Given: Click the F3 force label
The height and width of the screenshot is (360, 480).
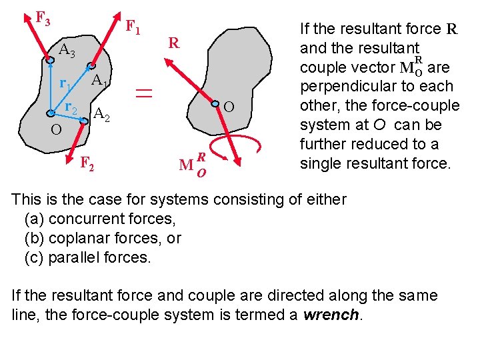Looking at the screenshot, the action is pyautogui.click(x=43, y=19).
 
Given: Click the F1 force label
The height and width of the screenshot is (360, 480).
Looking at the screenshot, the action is pyautogui.click(x=133, y=29).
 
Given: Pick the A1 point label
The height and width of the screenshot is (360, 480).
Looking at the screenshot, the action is pyautogui.click(x=100, y=81).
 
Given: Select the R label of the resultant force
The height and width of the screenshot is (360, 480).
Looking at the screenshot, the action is pyautogui.click(x=174, y=44).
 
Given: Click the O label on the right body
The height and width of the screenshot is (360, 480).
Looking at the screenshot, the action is pyautogui.click(x=228, y=107).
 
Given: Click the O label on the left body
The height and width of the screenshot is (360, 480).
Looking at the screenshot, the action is pyautogui.click(x=57, y=129).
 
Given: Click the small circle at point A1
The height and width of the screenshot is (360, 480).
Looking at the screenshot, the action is pyautogui.click(x=91, y=65).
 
